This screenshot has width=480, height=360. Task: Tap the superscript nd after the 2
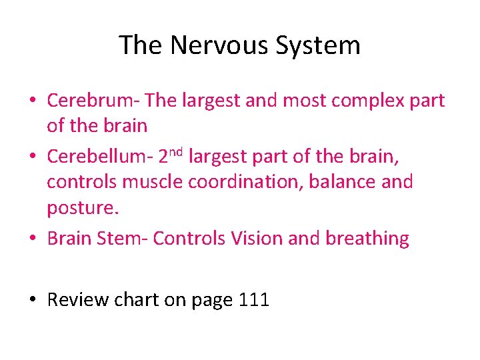(x=175, y=151)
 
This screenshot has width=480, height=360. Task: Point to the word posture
(x=81, y=208)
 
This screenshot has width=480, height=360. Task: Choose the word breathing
(x=367, y=239)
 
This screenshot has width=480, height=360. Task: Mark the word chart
(x=137, y=300)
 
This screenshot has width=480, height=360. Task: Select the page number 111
(x=253, y=300)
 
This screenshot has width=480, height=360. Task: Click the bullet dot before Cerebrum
(x=32, y=101)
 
